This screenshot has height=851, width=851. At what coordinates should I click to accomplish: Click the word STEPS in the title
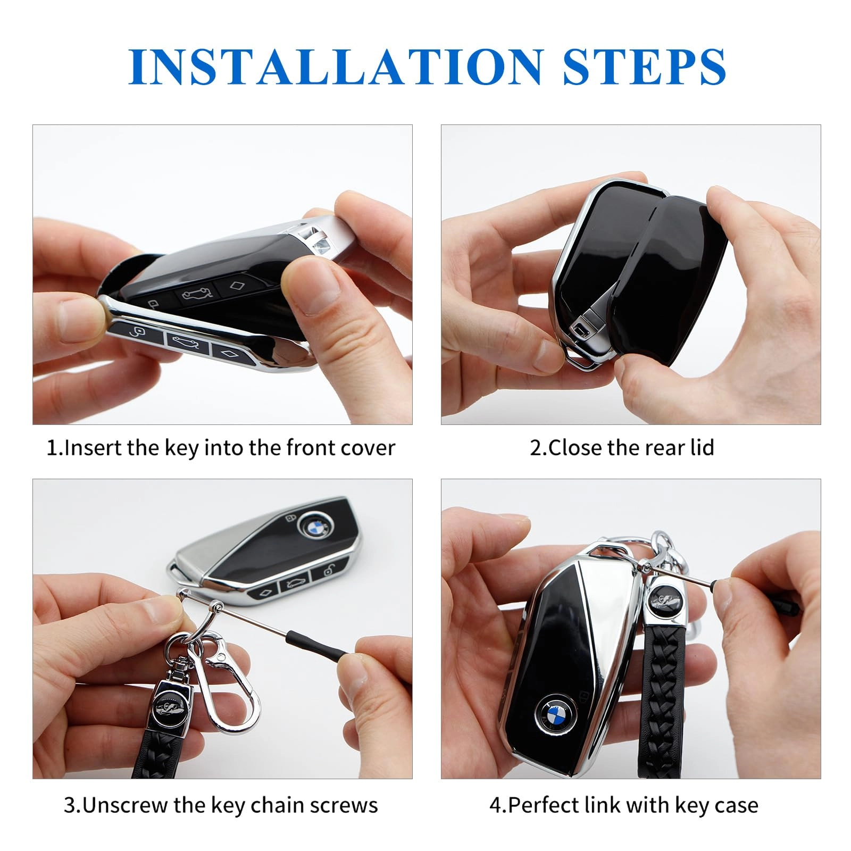click(644, 67)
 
